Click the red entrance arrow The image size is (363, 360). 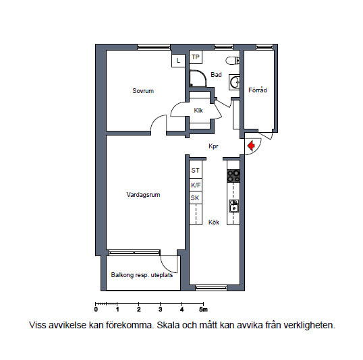point(251,146)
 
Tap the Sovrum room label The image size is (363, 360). point(143,91)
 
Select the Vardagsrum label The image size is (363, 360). point(143,195)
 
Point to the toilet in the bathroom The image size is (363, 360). point(233,61)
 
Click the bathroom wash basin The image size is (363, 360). point(234,82)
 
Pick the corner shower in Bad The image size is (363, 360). point(198,79)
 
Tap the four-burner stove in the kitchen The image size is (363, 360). point(233,176)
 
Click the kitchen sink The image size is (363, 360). point(234,206)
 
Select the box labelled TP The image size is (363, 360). point(196,57)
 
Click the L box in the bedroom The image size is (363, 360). point(178,61)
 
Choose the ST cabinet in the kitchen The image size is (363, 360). point(196,171)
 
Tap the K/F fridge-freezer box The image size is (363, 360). point(196,185)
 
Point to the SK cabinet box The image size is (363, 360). point(196,198)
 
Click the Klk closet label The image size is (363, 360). point(198,111)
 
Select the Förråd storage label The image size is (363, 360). point(258,90)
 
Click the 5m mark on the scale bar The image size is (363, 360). point(203,309)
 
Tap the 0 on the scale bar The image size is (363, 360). point(96,309)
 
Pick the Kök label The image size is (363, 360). point(214,222)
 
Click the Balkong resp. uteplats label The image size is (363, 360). point(142,275)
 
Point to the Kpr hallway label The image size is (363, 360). point(213,146)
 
